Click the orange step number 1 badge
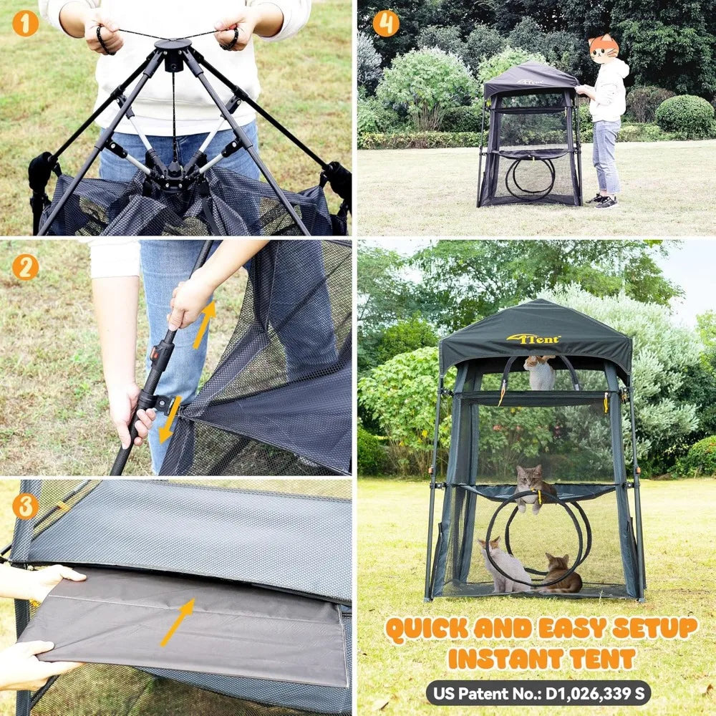25,24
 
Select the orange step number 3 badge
25,506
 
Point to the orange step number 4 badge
386,24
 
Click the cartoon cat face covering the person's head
603,49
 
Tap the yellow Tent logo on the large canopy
533,339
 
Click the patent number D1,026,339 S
595,693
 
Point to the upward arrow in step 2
203,324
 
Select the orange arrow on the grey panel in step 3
178,622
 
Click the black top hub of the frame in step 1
173,51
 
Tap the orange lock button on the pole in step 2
155,354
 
